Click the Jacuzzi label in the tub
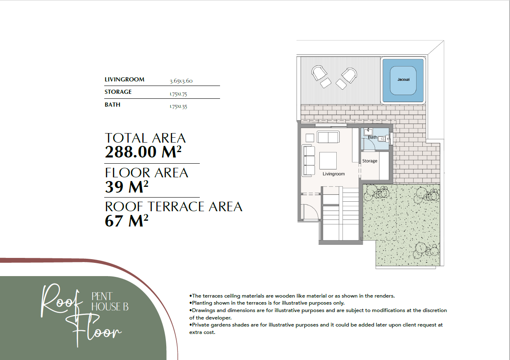pyautogui.click(x=403, y=79)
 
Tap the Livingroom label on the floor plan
pyautogui.click(x=333, y=174)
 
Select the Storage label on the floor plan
pyautogui.click(x=370, y=161)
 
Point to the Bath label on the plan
pyautogui.click(x=373, y=137)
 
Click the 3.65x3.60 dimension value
pyautogui.click(x=181, y=81)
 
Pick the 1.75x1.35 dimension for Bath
pyautogui.click(x=178, y=107)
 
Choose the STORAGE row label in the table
pyautogui.click(x=118, y=92)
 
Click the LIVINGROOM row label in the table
pyautogui.click(x=125, y=79)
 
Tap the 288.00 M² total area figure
pyautogui.click(x=143, y=152)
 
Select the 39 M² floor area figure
pyautogui.click(x=126, y=186)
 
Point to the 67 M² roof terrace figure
pyautogui.click(x=126, y=221)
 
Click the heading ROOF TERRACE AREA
pyautogui.click(x=173, y=207)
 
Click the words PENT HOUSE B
pyautogui.click(x=110, y=302)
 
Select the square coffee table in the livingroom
pyautogui.click(x=328, y=161)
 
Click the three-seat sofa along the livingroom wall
pyautogui.click(x=308, y=160)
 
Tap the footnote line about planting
pyautogui.click(x=267, y=303)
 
